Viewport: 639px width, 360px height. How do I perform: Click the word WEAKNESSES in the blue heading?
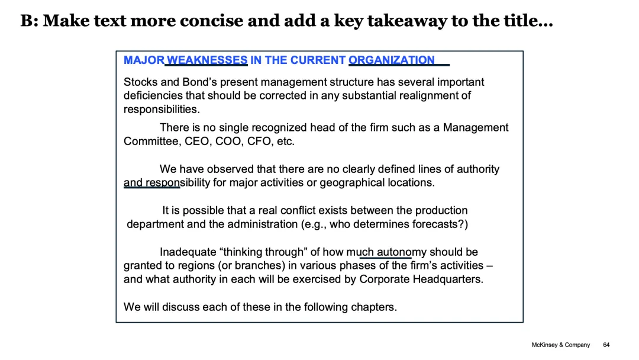207,60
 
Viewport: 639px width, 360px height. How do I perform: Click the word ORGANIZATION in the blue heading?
392,60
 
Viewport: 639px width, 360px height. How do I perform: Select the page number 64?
606,345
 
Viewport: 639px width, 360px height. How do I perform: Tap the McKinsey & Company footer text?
560,345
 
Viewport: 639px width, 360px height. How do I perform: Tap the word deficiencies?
153,95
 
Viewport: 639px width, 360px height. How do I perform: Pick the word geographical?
351,182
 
